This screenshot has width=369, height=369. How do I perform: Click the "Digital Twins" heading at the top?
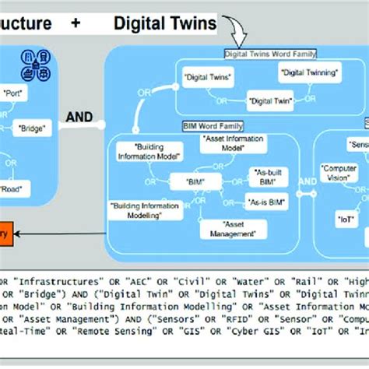tap(164, 23)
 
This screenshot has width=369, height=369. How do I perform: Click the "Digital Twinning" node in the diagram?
tap(308, 72)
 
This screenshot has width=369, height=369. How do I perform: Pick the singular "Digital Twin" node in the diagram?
tap(270, 101)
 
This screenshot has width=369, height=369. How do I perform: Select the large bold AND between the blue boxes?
tap(79, 118)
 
